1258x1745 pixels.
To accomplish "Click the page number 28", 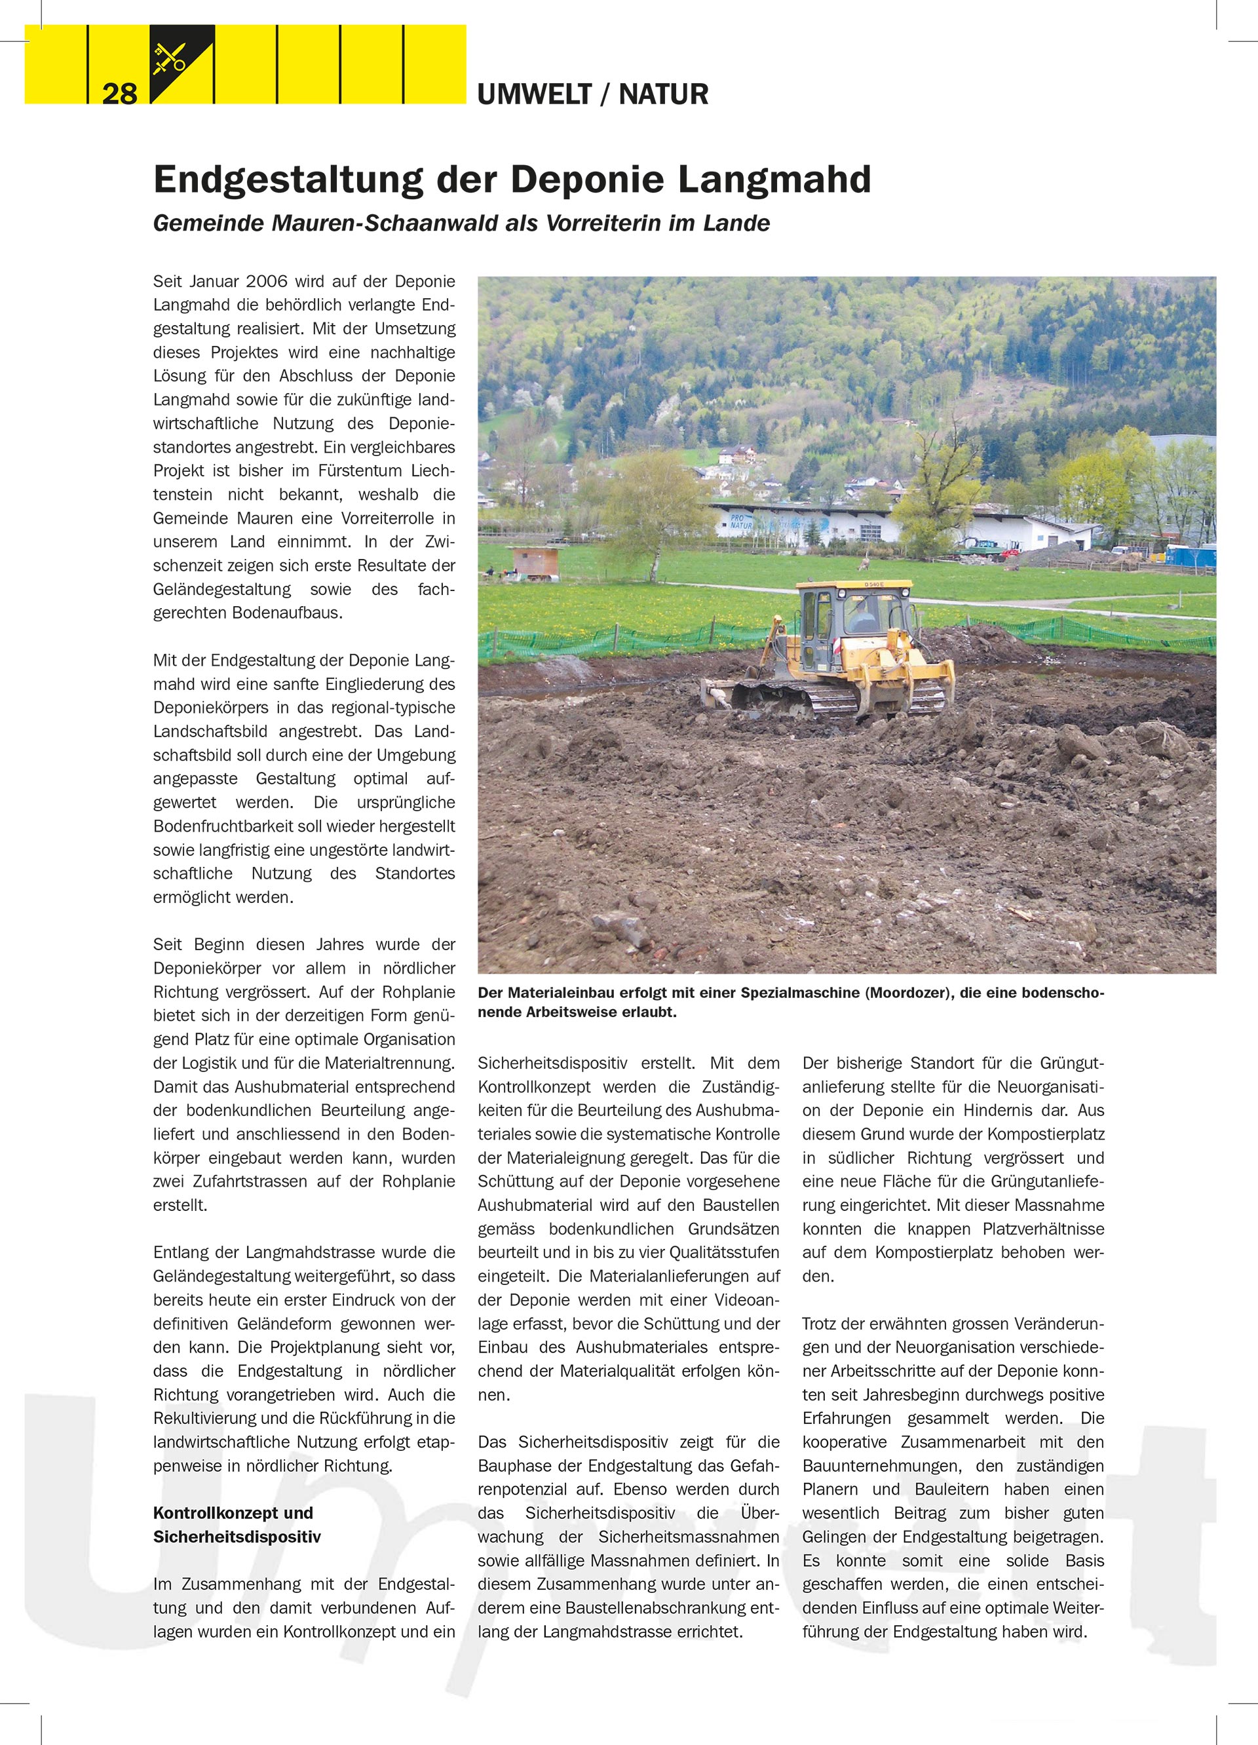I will pos(119,94).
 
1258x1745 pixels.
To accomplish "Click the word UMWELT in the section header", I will pos(534,94).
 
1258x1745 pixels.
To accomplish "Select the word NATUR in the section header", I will pos(663,94).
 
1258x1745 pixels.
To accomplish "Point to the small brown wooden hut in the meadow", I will pos(535,562).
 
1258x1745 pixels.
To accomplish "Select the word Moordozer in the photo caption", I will pos(908,993).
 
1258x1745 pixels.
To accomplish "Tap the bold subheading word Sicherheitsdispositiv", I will pos(237,1537).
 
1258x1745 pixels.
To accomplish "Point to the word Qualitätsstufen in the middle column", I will pos(725,1252).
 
